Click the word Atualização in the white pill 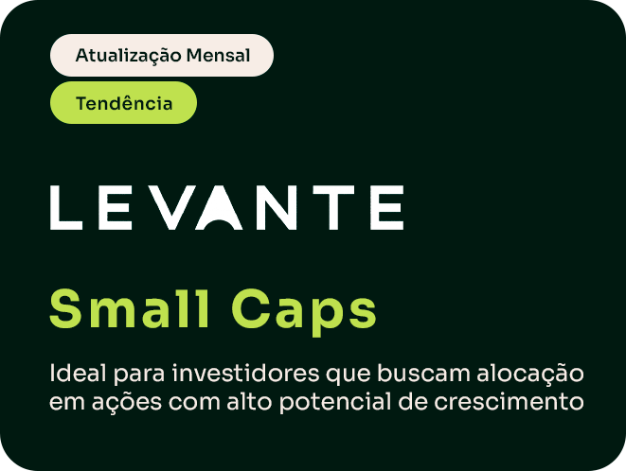(128, 56)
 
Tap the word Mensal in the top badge (218, 55)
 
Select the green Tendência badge (123, 103)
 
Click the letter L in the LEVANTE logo (66, 207)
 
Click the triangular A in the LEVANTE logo (219, 207)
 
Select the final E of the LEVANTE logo (386, 207)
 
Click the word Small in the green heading (130, 308)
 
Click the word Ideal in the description (79, 374)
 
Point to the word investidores (246, 374)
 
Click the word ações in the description (127, 403)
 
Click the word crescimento (509, 401)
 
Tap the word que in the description (349, 375)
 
